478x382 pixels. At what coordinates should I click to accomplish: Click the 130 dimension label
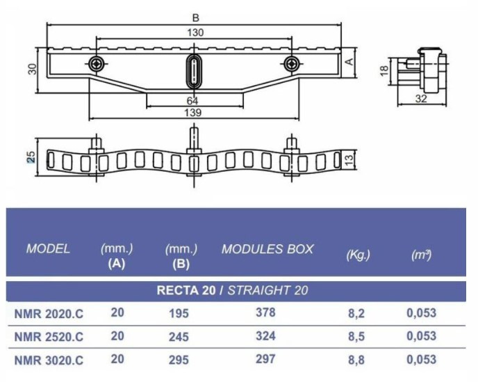195,33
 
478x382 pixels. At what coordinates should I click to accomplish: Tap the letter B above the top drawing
196,18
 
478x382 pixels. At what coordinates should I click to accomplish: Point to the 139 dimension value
193,113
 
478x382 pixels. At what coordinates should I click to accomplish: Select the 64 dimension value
192,101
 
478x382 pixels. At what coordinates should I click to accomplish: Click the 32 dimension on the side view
421,99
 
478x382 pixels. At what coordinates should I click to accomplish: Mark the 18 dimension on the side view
385,71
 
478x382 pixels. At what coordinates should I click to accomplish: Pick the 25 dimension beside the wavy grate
31,157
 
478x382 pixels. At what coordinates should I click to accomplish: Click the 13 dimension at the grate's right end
349,160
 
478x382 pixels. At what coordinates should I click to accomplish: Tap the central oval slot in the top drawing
194,72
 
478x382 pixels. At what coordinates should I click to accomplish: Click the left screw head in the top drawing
97,64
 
